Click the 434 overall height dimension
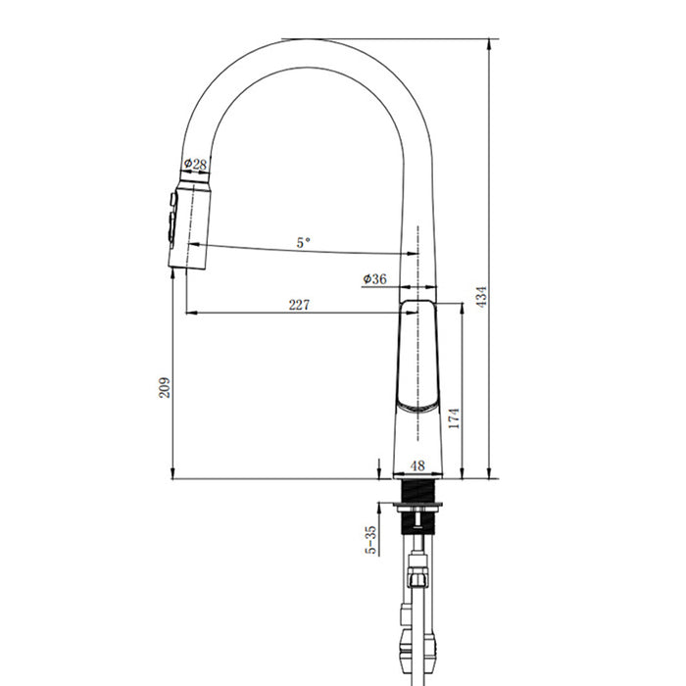coord(482,297)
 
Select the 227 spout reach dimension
coord(299,305)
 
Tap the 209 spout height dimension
coord(165,387)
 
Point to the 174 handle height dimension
coord(455,417)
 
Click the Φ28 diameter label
coord(195,165)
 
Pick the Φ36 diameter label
coord(375,278)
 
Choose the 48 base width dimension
coord(417,465)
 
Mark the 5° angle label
coord(303,242)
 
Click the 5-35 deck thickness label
coord(370,540)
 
